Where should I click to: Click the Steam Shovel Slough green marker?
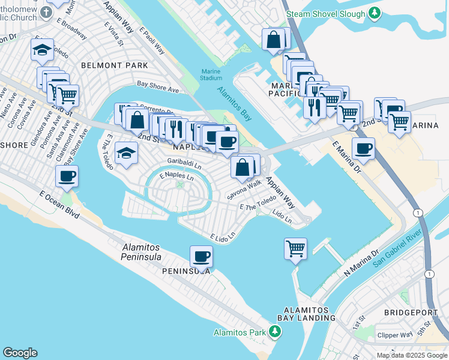pos(375,13)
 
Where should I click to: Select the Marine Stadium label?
pos(211,74)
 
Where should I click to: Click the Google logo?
pos(20,353)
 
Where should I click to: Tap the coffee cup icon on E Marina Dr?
pos(363,149)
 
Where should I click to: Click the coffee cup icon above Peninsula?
pos(201,256)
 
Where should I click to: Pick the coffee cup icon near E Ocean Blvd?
pos(67,176)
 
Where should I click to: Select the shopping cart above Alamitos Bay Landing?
pos(295,248)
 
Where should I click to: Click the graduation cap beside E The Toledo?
pos(127,153)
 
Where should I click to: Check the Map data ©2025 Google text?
pos(411,355)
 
